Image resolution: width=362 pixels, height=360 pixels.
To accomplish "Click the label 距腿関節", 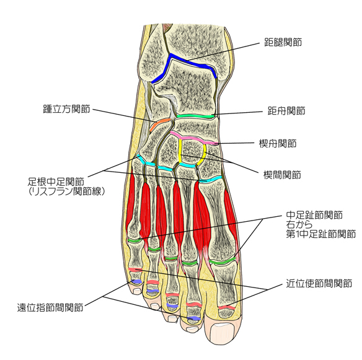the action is pyautogui.click(x=283, y=42).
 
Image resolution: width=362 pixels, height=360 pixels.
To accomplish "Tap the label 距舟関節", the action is pyautogui.click(x=286, y=111).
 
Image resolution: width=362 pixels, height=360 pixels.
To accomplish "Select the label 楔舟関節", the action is pyautogui.click(x=278, y=144).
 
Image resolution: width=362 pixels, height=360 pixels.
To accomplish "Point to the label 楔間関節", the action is pyautogui.click(x=282, y=175).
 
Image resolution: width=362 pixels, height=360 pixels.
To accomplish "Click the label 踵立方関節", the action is pyautogui.click(x=66, y=109).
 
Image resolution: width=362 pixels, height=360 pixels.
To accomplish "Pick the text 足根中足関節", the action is pyautogui.click(x=56, y=182).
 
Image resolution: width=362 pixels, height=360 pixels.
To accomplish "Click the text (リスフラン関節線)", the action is pyautogui.click(x=67, y=191).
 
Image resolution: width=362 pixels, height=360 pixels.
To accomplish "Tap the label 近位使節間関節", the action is pyautogui.click(x=319, y=283).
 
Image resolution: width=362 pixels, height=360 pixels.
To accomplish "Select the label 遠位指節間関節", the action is pyautogui.click(x=50, y=307).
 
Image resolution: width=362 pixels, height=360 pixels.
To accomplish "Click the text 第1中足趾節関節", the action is pyautogui.click(x=320, y=234).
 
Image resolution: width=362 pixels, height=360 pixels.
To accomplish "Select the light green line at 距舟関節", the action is pyautogui.click(x=195, y=116).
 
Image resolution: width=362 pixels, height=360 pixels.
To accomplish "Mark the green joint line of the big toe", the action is pyautogui.click(x=223, y=261).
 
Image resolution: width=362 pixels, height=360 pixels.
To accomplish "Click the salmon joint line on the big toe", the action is pyautogui.click(x=227, y=307).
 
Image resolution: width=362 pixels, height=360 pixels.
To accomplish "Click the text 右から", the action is pyautogui.click(x=299, y=224).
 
